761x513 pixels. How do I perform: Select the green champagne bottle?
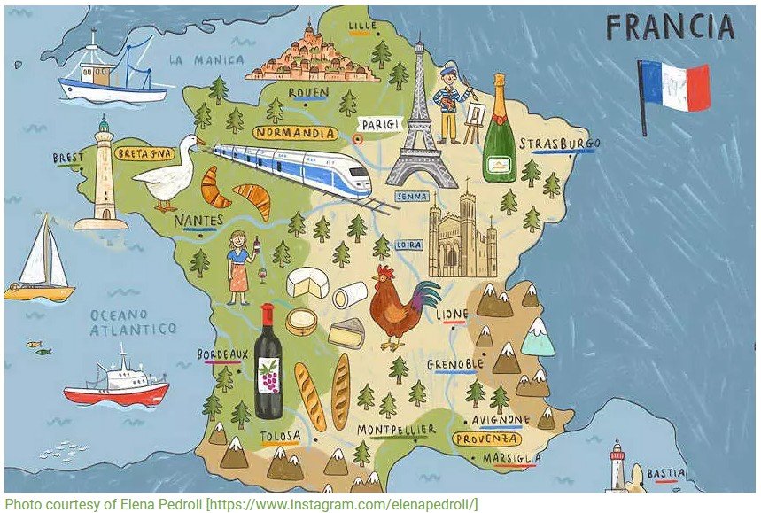coord(499,133)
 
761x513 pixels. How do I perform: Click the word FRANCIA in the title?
coord(671,28)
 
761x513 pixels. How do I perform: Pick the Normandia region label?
coord(295,134)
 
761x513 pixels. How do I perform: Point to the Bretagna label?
coord(144,152)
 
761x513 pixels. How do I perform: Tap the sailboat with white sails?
coord(40,260)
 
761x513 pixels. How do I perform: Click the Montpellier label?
coord(396,430)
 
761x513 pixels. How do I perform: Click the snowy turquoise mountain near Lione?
coord(538,338)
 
